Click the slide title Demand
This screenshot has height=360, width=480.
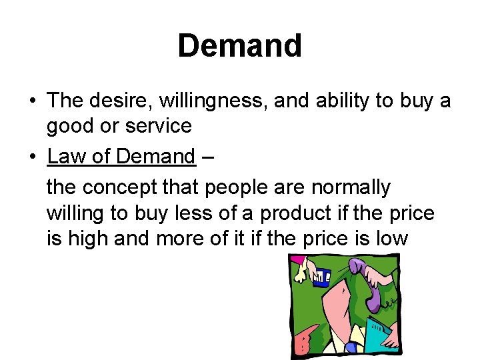point(239,46)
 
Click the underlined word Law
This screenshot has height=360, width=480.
point(67,157)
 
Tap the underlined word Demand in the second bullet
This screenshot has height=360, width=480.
point(155,157)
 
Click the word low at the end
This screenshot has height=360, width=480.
point(392,238)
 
